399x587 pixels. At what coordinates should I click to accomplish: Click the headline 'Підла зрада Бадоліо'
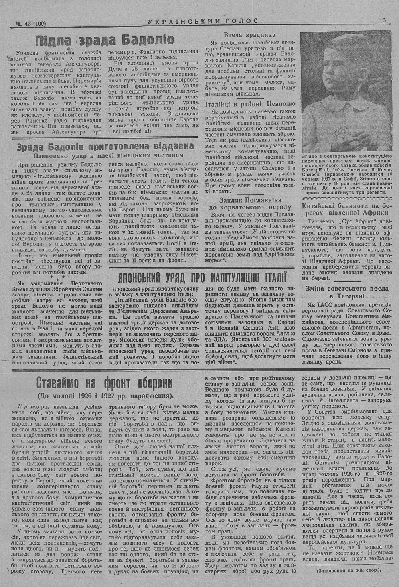pos(104,40)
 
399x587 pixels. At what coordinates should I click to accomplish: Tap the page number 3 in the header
pos(384,20)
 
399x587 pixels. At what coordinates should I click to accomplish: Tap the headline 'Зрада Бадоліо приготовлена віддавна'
pos(105,147)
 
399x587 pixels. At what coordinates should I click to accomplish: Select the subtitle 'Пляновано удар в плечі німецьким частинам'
pos(105,155)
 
